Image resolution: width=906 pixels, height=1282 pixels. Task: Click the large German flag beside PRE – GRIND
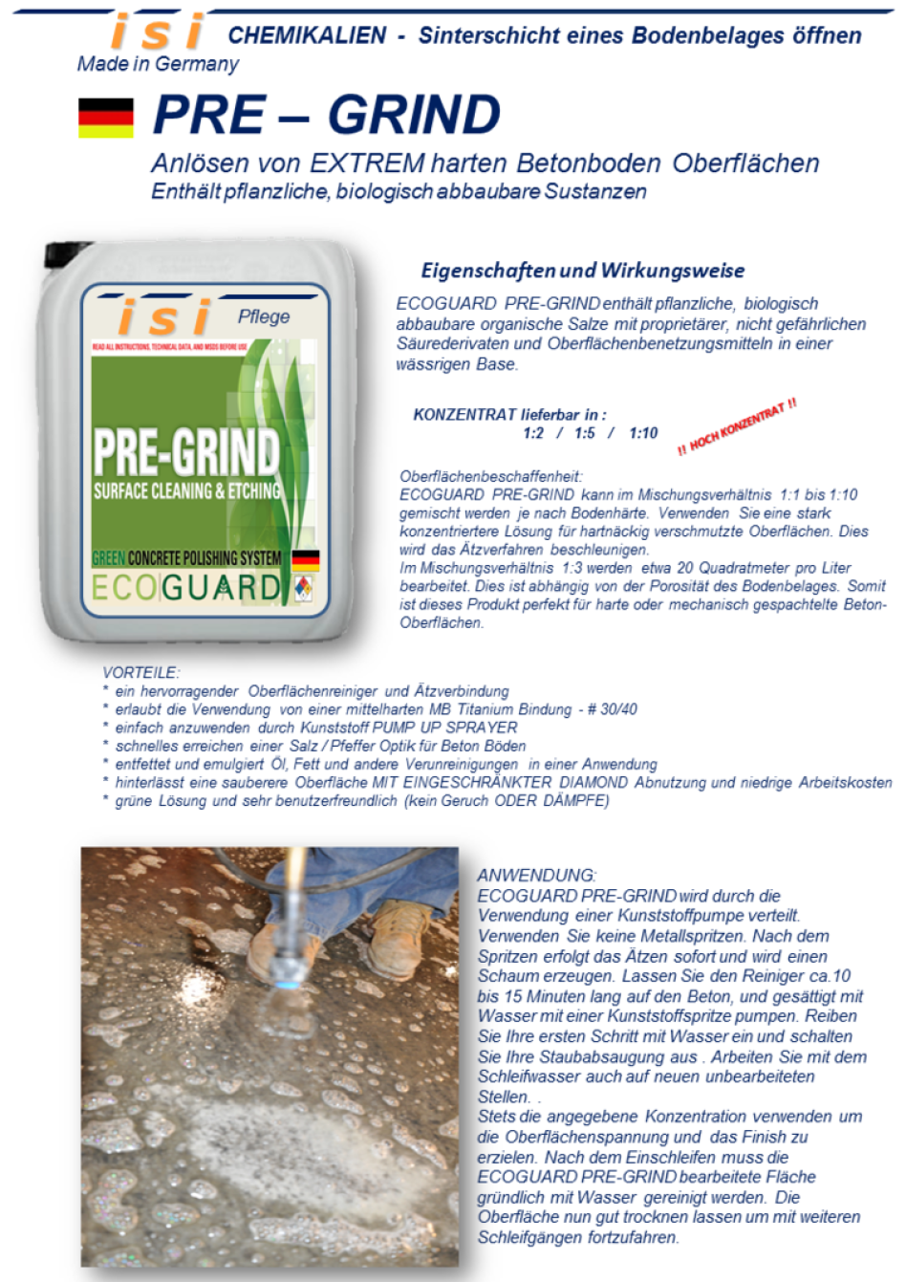click(106, 118)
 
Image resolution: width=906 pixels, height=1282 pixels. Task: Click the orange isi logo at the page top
click(157, 32)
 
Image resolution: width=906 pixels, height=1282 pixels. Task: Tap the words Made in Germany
click(158, 64)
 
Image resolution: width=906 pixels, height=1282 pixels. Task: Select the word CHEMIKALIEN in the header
click(307, 36)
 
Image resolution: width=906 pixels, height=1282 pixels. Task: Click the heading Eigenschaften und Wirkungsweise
click(582, 271)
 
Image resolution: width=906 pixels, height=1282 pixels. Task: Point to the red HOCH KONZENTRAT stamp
click(737, 427)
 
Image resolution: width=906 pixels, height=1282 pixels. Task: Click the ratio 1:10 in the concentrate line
click(643, 433)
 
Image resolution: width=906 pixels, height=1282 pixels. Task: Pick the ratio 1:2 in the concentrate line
click(533, 433)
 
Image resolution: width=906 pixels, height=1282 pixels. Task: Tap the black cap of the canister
click(66, 253)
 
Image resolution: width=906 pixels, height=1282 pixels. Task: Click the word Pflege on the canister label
click(264, 316)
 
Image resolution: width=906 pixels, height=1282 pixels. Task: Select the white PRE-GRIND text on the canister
click(186, 451)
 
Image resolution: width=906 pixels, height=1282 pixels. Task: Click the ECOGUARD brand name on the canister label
click(186, 587)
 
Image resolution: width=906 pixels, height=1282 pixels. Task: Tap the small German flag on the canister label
click(305, 560)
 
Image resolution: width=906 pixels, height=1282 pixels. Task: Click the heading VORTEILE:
click(140, 672)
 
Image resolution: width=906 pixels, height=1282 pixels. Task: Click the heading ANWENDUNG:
click(536, 875)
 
